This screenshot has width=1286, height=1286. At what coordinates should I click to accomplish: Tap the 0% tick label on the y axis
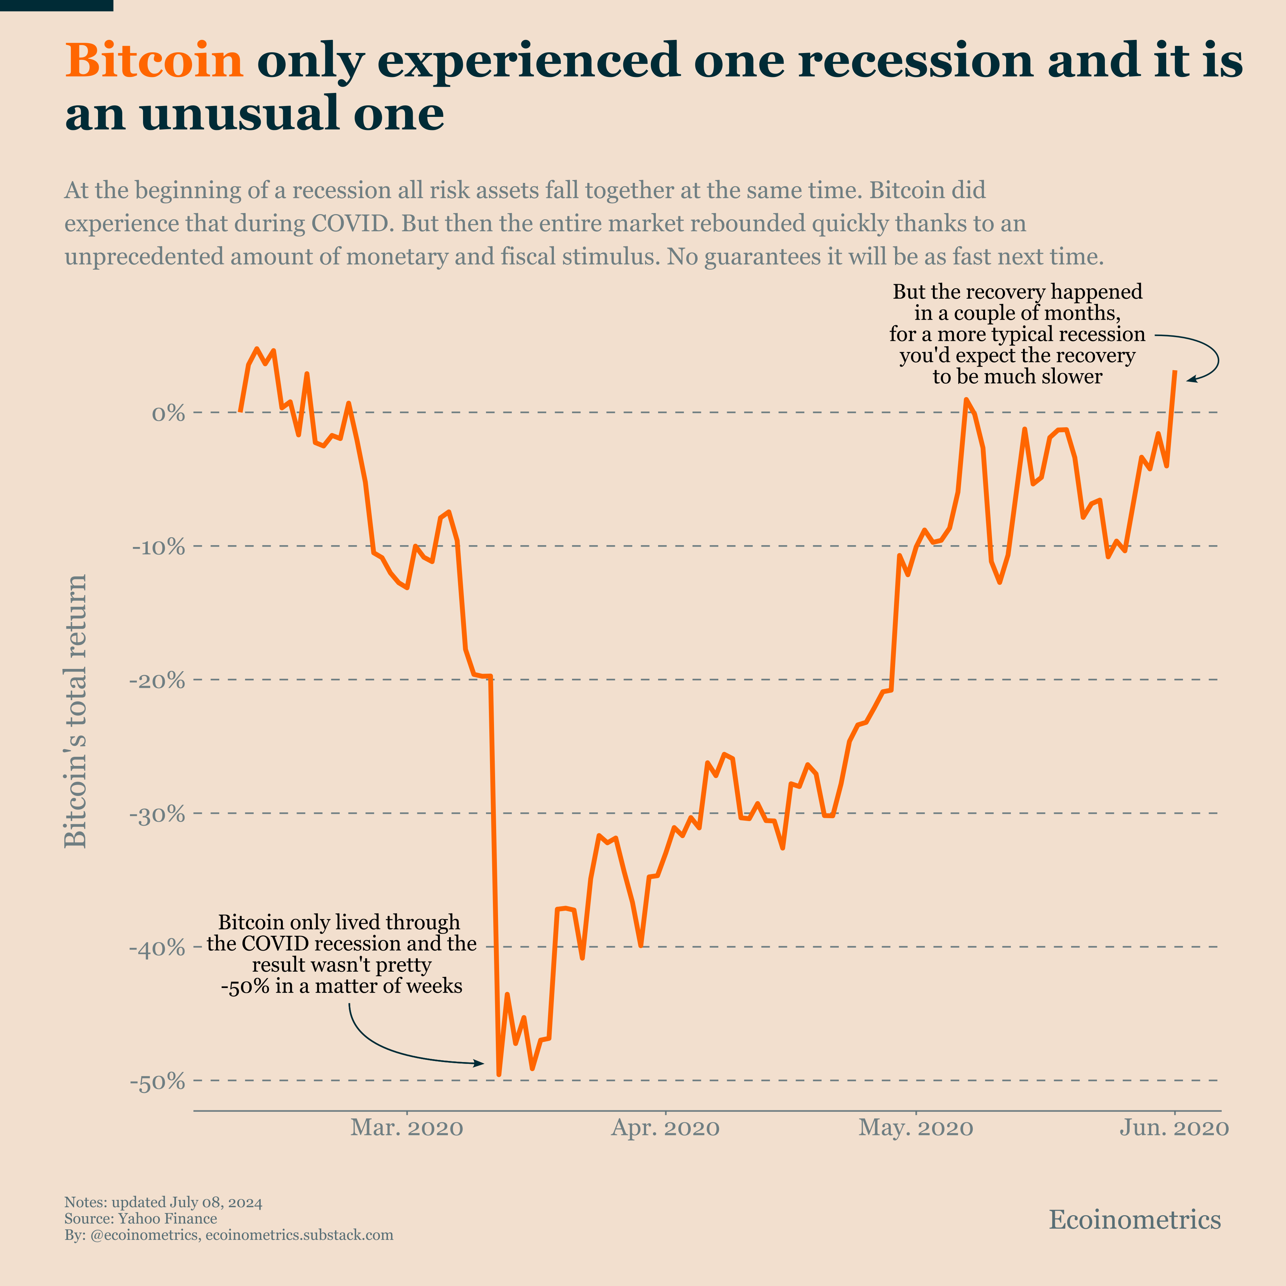click(168, 413)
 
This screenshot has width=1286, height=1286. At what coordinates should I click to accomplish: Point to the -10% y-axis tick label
click(158, 547)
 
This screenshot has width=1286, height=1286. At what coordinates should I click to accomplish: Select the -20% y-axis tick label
click(158, 681)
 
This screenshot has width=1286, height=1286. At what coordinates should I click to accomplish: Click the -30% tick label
click(158, 815)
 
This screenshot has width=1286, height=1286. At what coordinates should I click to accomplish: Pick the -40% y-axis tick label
click(158, 948)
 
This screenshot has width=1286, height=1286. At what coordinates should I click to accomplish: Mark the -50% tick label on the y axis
click(158, 1082)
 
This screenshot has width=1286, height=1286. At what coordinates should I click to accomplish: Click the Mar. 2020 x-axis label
click(407, 1128)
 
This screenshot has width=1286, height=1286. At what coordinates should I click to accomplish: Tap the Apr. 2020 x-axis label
click(665, 1128)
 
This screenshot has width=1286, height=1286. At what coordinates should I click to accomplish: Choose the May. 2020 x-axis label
click(916, 1128)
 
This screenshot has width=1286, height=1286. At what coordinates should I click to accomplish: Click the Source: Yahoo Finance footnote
click(140, 1219)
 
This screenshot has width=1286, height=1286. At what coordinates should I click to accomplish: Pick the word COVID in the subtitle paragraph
click(350, 223)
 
